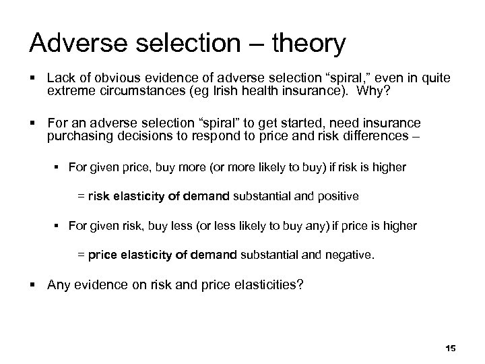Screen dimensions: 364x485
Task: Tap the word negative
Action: tap(347, 255)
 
